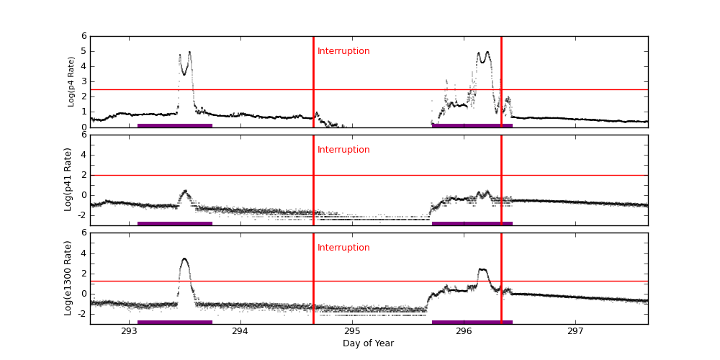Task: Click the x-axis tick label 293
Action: [x=129, y=331]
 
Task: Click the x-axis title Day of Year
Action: [x=368, y=343]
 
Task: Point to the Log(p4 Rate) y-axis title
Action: [x=71, y=81]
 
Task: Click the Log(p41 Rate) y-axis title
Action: [x=68, y=179]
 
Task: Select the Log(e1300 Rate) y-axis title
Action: [x=68, y=278]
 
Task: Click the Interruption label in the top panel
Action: [x=343, y=51]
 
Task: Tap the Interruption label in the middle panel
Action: [x=343, y=150]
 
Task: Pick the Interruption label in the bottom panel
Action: [x=343, y=248]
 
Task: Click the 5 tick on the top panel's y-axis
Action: [x=84, y=51]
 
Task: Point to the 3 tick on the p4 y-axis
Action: [x=84, y=81]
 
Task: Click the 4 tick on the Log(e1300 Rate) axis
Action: [x=84, y=253]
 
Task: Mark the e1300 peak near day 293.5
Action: [x=184, y=259]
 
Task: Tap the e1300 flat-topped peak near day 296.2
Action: [x=482, y=270]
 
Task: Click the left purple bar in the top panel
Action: [x=174, y=125]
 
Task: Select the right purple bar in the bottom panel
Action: [x=472, y=322]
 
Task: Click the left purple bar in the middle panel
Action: [x=174, y=223]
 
